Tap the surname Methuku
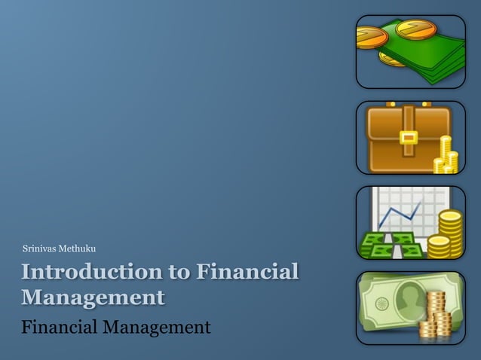pyautogui.click(x=75, y=249)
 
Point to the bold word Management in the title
pyautogui.click(x=93, y=297)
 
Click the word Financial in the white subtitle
pyautogui.click(x=61, y=328)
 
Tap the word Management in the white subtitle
pyautogui.click(x=156, y=328)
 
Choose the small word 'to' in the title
pyautogui.click(x=173, y=272)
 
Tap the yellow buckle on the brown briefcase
pyautogui.click(x=408, y=138)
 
